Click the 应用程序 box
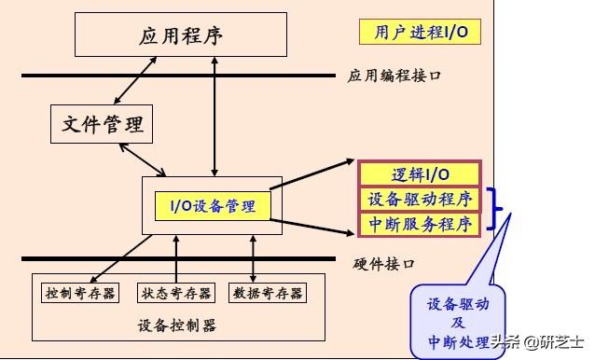[182, 36]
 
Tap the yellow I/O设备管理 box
[213, 205]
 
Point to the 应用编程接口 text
[394, 76]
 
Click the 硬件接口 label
[385, 263]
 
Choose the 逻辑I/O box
[419, 174]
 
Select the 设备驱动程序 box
[419, 199]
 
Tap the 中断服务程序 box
[419, 224]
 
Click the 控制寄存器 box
[81, 293]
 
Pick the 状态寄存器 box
[174, 293]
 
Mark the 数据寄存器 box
[267, 293]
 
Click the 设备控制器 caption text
[176, 326]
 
